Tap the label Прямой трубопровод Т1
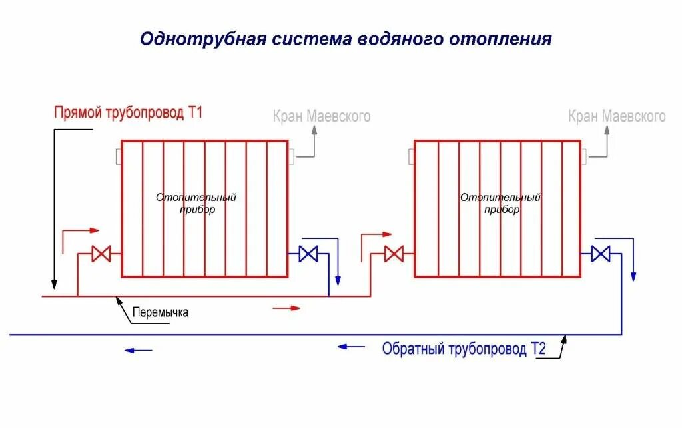128,112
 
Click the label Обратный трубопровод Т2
464,349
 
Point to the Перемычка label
161,312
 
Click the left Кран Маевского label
321,117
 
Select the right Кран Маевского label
617,117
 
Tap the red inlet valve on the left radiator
102,254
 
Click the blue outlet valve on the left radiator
308,254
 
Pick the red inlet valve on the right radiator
394,254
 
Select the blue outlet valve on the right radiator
601,254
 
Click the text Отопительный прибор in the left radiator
196,203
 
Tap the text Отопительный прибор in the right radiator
500,203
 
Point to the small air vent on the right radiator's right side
584,157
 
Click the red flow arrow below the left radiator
287,308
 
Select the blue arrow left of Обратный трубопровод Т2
351,346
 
